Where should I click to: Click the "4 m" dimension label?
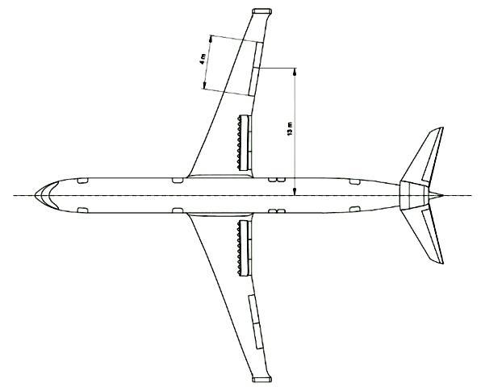coord(202,59)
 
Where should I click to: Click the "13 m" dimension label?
coord(289,129)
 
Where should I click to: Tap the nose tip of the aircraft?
coord(36,195)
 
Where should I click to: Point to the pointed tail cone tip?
coord(442,195)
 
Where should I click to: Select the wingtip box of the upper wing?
coord(261,11)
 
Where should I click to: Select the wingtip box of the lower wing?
coord(261,379)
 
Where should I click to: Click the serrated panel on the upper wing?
coord(243,143)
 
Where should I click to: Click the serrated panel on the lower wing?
coord(243,248)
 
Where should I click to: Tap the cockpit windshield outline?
coord(49,195)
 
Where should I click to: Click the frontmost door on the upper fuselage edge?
coord(82,181)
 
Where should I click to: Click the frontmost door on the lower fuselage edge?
coord(82,210)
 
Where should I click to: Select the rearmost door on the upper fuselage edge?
coord(355,181)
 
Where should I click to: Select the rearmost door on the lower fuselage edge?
coord(355,209)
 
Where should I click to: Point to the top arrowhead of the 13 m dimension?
coord(295,73)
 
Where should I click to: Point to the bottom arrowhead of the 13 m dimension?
coord(295,192)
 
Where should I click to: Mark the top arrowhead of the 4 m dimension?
coord(211,39)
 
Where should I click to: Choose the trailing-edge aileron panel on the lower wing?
coord(256,322)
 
